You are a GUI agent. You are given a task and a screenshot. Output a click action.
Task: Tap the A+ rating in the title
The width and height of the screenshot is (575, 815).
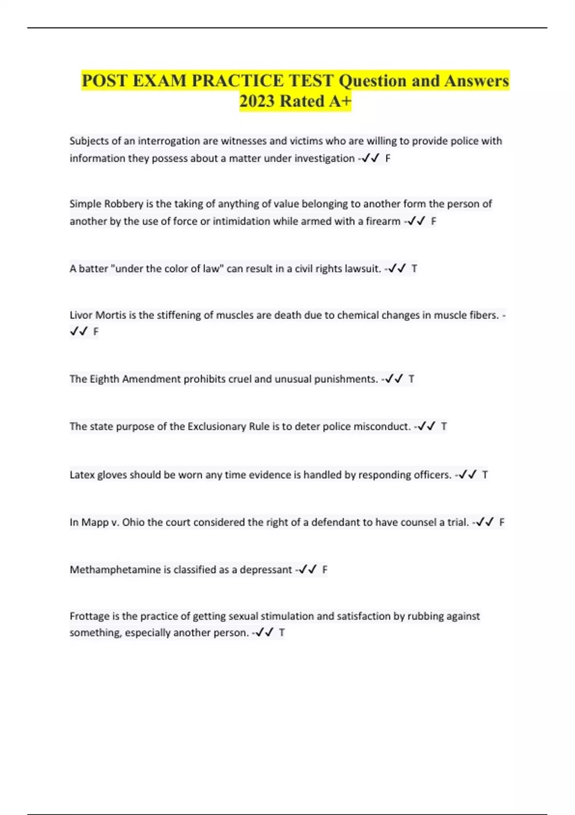pos(340,101)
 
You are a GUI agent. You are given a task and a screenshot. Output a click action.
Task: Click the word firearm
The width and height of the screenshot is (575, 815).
pos(383,221)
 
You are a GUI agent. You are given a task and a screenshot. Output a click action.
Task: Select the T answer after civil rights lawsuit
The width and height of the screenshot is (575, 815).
pos(414,268)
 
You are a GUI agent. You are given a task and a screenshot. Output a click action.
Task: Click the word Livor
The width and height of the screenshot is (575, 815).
pos(81,315)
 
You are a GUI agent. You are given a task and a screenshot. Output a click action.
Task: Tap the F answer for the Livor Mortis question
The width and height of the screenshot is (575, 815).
pos(96,331)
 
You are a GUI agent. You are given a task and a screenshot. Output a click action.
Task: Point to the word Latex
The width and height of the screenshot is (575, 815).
pos(82,475)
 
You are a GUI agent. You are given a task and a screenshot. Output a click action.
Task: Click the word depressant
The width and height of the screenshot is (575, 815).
pos(265,570)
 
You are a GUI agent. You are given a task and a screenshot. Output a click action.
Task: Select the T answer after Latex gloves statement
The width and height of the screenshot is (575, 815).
pos(485,475)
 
